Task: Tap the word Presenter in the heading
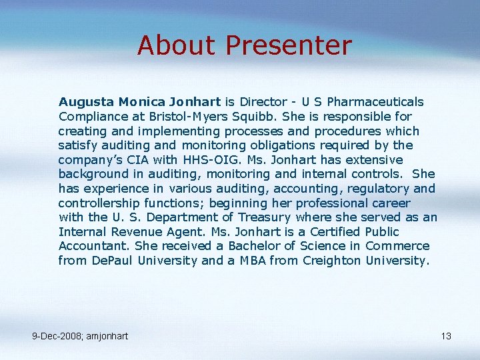(x=289, y=46)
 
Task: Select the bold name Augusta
(x=86, y=102)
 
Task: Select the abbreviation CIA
(x=145, y=160)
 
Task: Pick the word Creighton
(x=331, y=261)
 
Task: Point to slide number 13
(x=446, y=336)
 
